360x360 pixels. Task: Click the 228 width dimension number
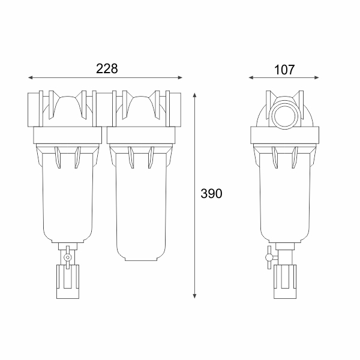pyautogui.click(x=107, y=68)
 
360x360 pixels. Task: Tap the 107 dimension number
pyautogui.click(x=284, y=70)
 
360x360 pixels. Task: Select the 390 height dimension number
pyautogui.click(x=211, y=193)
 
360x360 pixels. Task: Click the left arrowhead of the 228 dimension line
pyautogui.click(x=31, y=77)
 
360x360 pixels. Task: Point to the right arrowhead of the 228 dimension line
pyautogui.click(x=180, y=77)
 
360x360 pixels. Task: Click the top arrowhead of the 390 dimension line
pyautogui.click(x=194, y=95)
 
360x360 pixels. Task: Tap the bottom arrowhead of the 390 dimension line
pyautogui.click(x=194, y=296)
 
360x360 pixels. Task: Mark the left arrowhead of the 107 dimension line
pyautogui.click(x=251, y=77)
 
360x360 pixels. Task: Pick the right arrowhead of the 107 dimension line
pyautogui.click(x=316, y=77)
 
